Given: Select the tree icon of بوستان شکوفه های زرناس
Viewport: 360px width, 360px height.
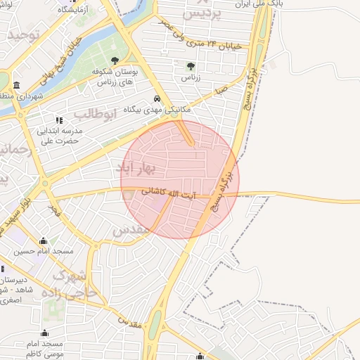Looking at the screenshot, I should [x=115, y=60].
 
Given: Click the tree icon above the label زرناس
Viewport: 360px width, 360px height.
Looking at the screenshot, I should [x=191, y=66].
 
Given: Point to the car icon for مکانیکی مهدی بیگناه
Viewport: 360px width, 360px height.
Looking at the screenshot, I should [x=156, y=99].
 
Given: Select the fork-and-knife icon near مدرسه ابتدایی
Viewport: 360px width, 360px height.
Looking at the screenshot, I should [x=59, y=120].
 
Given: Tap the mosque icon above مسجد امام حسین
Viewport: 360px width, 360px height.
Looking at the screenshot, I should [x=44, y=240].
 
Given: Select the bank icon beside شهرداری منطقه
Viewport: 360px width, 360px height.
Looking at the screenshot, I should [x=16, y=85].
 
